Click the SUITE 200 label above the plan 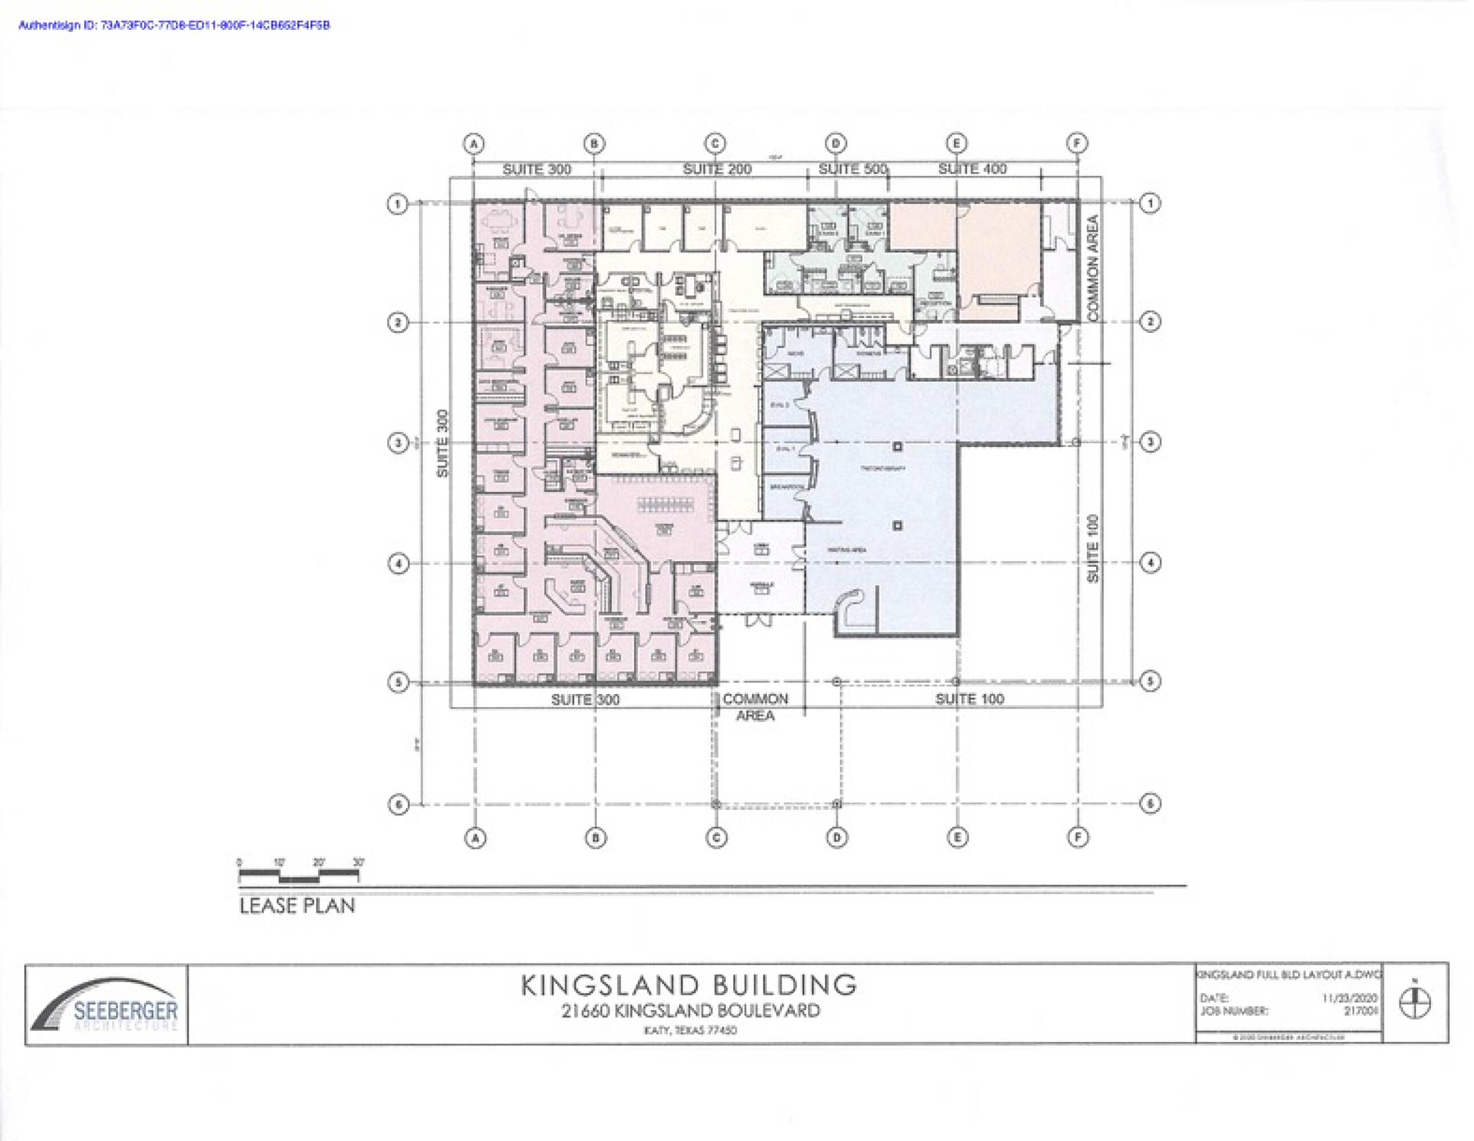click(x=717, y=169)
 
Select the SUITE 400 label click(x=972, y=169)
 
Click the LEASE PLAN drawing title click(x=297, y=905)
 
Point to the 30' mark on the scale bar click(x=358, y=862)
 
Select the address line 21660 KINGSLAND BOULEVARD click(x=690, y=1011)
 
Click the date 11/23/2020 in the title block click(x=1349, y=998)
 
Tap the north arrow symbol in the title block click(x=1415, y=1004)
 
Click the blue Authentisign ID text click(x=174, y=26)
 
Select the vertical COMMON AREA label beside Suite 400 click(x=1094, y=268)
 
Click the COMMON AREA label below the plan click(x=755, y=707)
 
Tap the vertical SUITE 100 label click(x=1093, y=548)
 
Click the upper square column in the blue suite click(x=897, y=446)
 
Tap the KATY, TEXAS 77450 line click(x=690, y=1030)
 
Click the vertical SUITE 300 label click(x=443, y=443)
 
